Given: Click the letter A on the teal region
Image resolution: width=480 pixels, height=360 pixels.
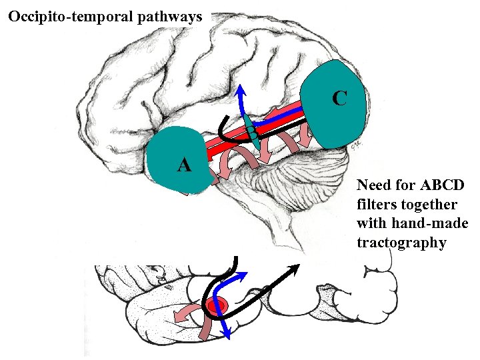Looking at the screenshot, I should pyautogui.click(x=184, y=165).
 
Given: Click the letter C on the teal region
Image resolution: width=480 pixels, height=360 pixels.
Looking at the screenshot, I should pyautogui.click(x=339, y=99).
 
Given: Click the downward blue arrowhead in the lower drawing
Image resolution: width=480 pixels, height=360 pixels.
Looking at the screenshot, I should pyautogui.click(x=228, y=333).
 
